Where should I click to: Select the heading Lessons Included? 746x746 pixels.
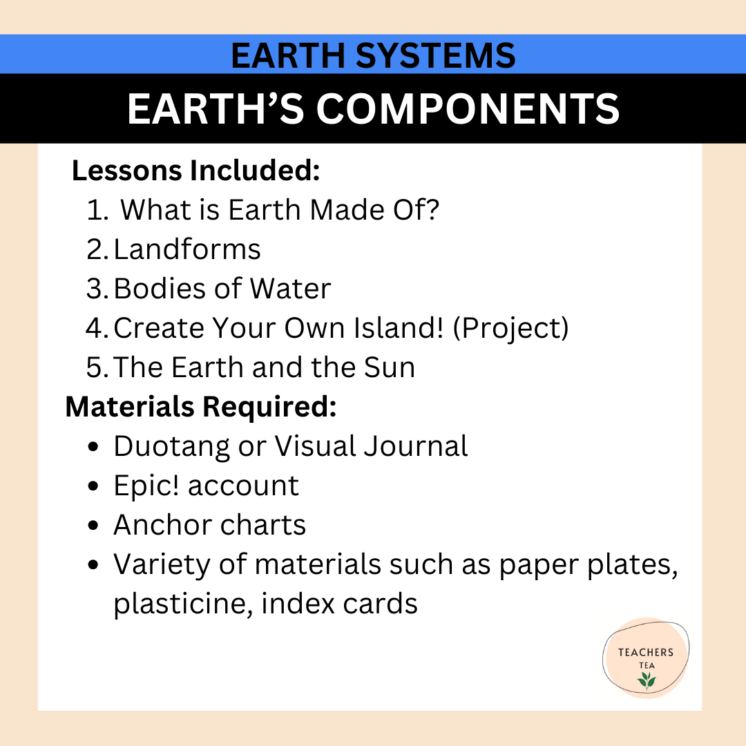coord(196,171)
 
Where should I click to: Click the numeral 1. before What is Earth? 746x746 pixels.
coord(97,210)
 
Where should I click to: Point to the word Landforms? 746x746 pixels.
coord(187,249)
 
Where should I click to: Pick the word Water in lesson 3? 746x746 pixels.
coord(290,289)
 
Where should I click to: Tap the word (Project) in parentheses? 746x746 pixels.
coord(510,329)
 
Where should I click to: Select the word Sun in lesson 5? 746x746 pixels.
coord(390,367)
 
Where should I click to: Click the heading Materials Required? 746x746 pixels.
coord(200,408)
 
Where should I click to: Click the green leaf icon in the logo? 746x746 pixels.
coord(647,680)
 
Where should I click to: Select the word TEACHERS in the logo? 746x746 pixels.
coord(646,652)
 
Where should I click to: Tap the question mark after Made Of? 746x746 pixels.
coord(430,210)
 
